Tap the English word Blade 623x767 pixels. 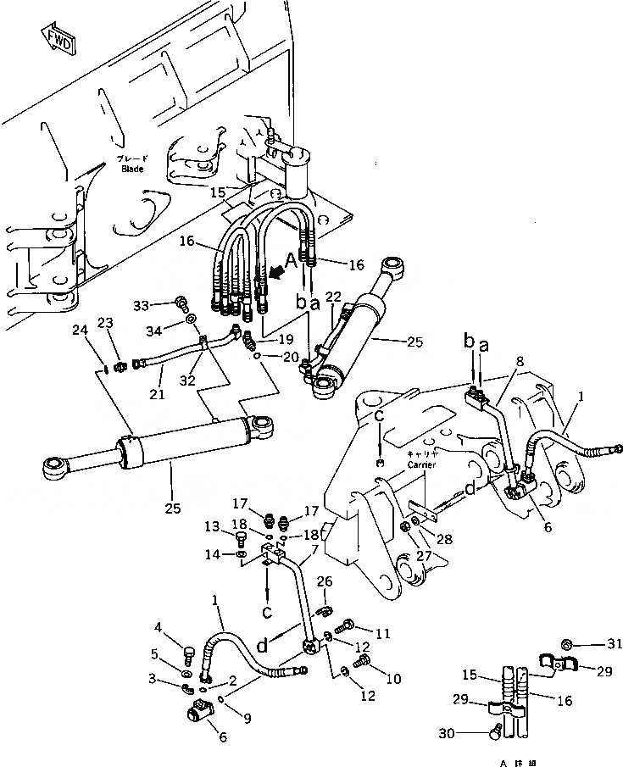tap(131, 169)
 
